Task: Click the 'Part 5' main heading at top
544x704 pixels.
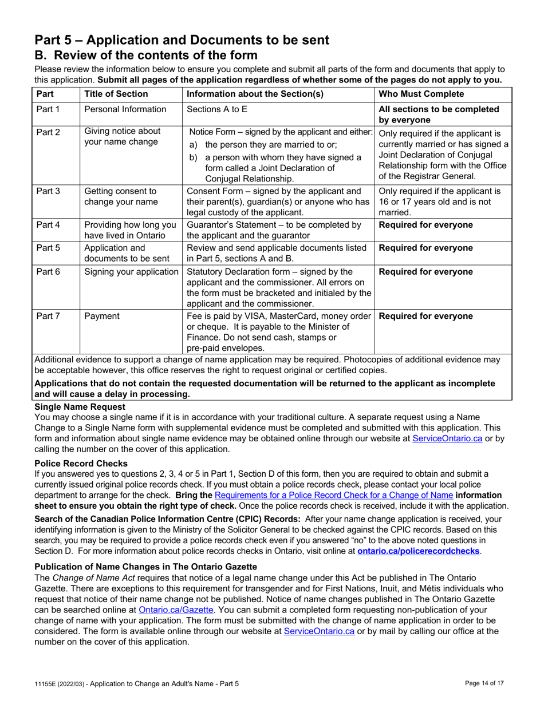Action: tap(182, 39)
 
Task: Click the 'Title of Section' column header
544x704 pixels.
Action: tap(116, 94)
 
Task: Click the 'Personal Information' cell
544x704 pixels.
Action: tap(125, 109)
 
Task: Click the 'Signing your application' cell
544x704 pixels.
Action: tap(131, 271)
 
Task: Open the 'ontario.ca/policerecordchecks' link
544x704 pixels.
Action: tap(418, 551)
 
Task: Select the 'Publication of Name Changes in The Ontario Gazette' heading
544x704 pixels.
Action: tap(146, 567)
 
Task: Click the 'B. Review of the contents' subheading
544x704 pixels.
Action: tap(146, 55)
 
